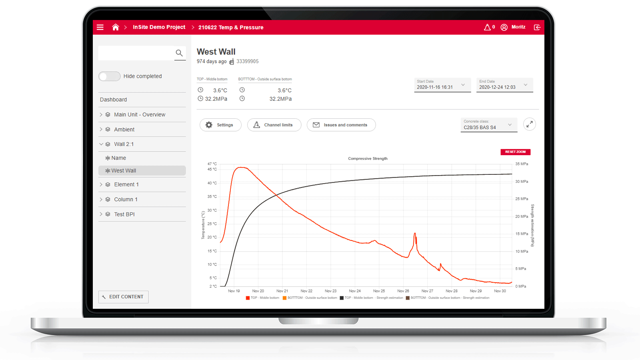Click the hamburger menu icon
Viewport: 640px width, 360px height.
pyautogui.click(x=100, y=27)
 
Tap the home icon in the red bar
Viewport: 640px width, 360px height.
pyautogui.click(x=116, y=27)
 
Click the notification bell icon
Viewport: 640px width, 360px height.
pyautogui.click(x=487, y=27)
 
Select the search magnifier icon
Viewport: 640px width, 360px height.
pyautogui.click(x=179, y=53)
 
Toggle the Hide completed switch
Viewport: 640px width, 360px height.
pyautogui.click(x=110, y=76)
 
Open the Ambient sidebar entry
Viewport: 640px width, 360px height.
pyautogui.click(x=124, y=130)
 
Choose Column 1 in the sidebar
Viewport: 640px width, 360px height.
pyautogui.click(x=126, y=199)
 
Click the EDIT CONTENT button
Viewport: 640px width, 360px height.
pyautogui.click(x=123, y=297)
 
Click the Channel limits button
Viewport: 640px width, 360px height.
pyautogui.click(x=274, y=125)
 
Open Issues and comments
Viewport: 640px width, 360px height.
pyautogui.click(x=341, y=125)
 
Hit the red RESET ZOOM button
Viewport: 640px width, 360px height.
pyautogui.click(x=515, y=152)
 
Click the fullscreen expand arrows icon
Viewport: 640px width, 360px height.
pyautogui.click(x=530, y=124)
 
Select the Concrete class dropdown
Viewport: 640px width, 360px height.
pyautogui.click(x=488, y=125)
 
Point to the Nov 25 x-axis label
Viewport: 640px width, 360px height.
pyautogui.click(x=379, y=291)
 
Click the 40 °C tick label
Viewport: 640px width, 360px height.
pyautogui.click(x=212, y=183)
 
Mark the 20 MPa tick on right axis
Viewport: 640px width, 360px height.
pyautogui.click(x=522, y=216)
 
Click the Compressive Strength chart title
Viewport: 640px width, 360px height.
pyautogui.click(x=368, y=159)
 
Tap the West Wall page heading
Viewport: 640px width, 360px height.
pyautogui.click(x=216, y=52)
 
